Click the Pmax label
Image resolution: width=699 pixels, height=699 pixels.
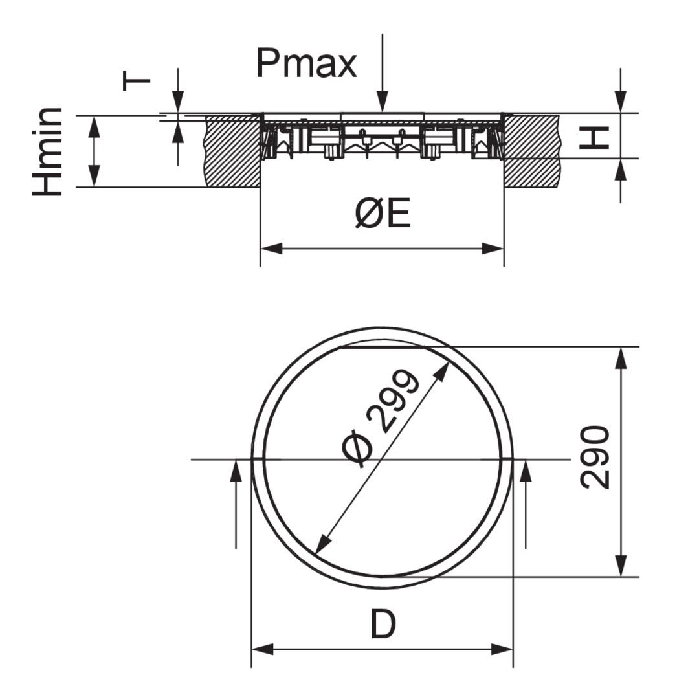306,63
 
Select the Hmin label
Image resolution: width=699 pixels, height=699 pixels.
48,151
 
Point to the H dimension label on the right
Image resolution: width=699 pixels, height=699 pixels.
594,138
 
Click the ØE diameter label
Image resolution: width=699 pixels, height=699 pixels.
383,214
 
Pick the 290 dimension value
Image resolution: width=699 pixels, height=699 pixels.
595,458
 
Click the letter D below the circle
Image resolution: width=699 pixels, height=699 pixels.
383,625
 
